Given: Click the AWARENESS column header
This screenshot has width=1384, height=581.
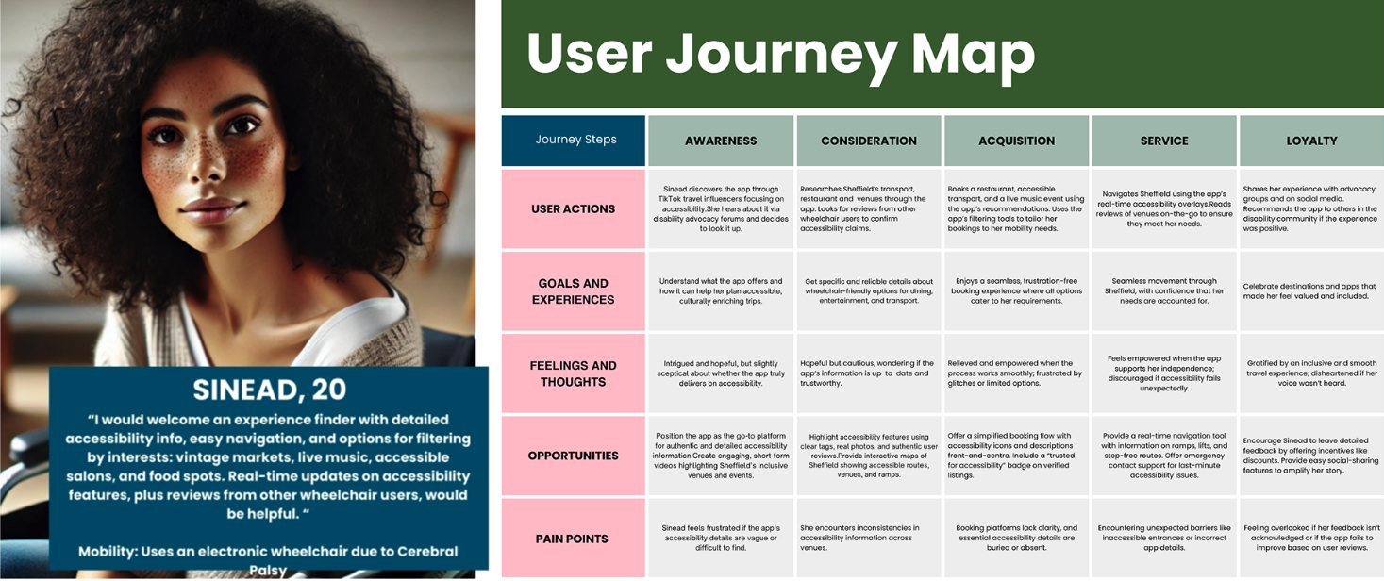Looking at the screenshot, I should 721,141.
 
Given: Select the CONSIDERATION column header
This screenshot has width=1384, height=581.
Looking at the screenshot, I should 869,141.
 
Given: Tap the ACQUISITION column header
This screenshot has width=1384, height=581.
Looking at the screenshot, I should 1016,141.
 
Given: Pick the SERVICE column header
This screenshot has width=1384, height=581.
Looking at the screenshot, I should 1164,141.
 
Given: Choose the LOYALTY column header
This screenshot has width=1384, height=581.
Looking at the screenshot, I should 1311,141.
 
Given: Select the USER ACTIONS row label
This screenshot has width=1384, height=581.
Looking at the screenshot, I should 574,208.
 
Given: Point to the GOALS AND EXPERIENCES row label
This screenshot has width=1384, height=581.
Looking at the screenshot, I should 574,291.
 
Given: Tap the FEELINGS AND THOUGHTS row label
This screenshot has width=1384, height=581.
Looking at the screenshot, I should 574,373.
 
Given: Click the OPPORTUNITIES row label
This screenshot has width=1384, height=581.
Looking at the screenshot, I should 574,456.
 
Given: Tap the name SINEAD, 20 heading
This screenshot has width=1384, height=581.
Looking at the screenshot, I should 270,389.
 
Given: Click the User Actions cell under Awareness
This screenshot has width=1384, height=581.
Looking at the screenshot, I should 721,208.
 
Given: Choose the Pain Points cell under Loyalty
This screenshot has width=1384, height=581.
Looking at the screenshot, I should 1311,538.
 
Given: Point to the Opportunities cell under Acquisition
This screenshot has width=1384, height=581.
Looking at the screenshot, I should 1016,456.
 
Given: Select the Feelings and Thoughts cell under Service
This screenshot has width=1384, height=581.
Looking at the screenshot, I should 1164,373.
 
